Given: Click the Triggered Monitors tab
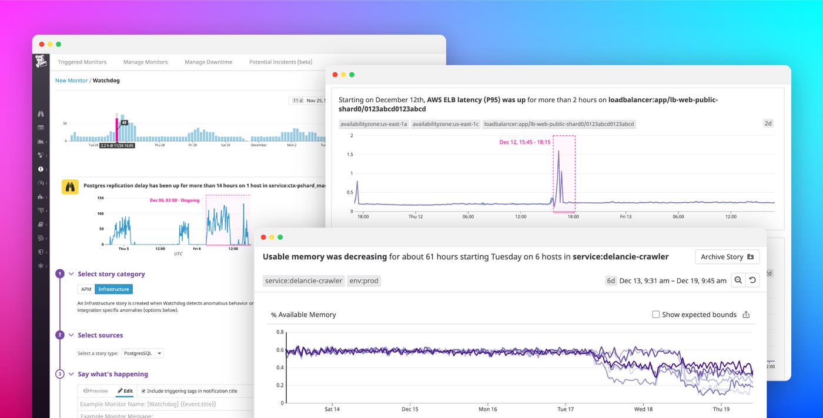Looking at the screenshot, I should pos(82,62).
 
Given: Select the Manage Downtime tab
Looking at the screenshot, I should pos(208,62).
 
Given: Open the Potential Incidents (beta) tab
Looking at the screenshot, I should pos(280,62).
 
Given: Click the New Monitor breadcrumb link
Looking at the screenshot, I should pos(71,81).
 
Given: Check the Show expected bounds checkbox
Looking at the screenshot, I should pos(656,315).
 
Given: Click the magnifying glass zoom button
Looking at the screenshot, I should pos(738,280).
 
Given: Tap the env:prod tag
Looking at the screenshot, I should pos(363,281).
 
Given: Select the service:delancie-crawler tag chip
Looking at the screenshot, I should pos(303,281).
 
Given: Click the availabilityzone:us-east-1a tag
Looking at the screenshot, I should pos(374,124).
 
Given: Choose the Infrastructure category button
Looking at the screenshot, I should pos(113,289).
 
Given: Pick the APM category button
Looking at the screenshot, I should pos(86,289).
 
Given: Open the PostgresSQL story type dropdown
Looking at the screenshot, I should pos(142,353).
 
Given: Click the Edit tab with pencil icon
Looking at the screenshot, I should pos(125,391).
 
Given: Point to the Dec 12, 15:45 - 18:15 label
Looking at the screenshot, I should pos(525,142).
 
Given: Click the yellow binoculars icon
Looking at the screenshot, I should pos(70,187).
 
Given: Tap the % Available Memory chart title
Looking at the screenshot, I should pos(303,315).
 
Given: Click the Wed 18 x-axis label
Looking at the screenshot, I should pos(643,409).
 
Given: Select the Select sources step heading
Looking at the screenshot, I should pos(100,335).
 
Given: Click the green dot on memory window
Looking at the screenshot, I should pos(280,238).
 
